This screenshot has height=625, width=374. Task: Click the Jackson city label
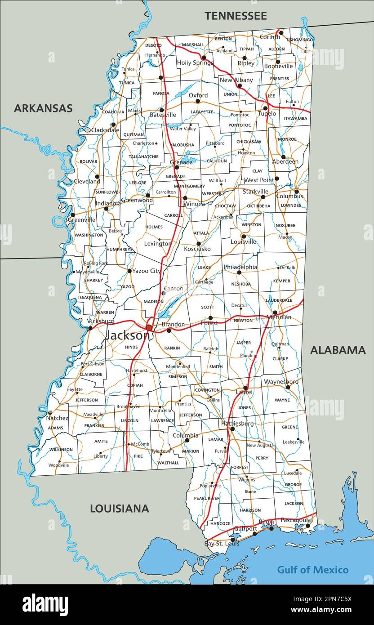(x=127, y=335)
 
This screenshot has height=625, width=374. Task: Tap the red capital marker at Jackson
(x=149, y=328)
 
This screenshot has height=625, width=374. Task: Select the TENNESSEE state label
(x=236, y=16)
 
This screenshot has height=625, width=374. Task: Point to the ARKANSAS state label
(x=43, y=108)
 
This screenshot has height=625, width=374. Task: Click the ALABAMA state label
(x=338, y=350)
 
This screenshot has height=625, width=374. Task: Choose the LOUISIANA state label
(x=119, y=509)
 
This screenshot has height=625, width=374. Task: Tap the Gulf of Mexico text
(x=312, y=570)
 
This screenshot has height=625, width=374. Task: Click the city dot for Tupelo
(x=265, y=108)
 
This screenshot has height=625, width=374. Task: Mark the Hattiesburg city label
(x=237, y=424)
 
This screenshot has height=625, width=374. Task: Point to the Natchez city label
(x=57, y=418)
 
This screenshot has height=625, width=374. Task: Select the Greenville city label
(x=82, y=220)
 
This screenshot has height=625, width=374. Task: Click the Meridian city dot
(x=275, y=312)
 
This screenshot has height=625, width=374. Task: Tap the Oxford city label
(x=198, y=95)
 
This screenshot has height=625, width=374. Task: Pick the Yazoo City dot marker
(x=129, y=271)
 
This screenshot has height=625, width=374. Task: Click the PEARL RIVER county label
(x=207, y=498)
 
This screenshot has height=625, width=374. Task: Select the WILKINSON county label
(x=61, y=449)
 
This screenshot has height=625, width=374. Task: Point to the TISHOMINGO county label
(x=299, y=40)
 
